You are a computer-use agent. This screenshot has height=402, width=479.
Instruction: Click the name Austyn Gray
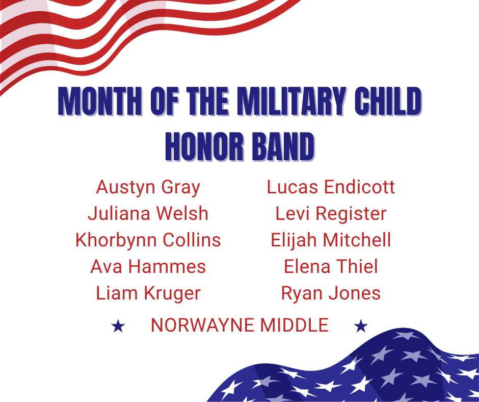pyautogui.click(x=148, y=187)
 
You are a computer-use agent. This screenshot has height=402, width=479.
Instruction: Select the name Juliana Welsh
pyautogui.click(x=148, y=214)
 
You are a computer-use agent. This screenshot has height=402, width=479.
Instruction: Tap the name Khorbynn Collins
pyautogui.click(x=148, y=240)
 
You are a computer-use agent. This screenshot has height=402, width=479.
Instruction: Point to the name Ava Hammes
pyautogui.click(x=148, y=267)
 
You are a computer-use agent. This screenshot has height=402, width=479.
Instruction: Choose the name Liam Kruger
pyautogui.click(x=148, y=293)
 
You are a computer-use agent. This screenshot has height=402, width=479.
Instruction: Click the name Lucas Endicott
pyautogui.click(x=331, y=187)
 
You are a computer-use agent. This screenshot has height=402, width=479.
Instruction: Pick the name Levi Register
pyautogui.click(x=331, y=214)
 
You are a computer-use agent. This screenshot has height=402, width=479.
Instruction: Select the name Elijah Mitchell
pyautogui.click(x=331, y=240)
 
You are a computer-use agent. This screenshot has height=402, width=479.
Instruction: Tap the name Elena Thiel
pyautogui.click(x=331, y=267)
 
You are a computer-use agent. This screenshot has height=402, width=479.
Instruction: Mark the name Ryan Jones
pyautogui.click(x=331, y=293)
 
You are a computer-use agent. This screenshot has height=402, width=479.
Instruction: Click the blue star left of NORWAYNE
pyautogui.click(x=118, y=326)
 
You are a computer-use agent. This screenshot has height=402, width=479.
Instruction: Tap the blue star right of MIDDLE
pyautogui.click(x=361, y=326)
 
